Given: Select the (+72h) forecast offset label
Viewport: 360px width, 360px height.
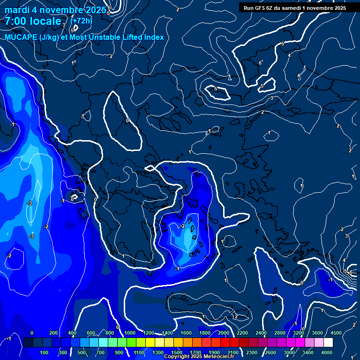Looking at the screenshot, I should coord(81,21).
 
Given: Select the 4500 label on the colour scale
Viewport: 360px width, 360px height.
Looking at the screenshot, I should coord(336,333).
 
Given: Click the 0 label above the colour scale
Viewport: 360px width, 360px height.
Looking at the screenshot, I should coord(32,333).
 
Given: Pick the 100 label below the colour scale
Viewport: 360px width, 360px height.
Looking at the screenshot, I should coord(45,352).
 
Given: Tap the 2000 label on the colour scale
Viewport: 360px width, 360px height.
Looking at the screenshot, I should coord(224,333).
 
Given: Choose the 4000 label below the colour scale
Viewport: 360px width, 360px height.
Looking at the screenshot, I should coord(327,352).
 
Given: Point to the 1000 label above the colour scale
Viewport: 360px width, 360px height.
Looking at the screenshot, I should coord(130,333).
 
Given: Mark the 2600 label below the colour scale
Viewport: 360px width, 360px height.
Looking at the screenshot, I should coord(270,352).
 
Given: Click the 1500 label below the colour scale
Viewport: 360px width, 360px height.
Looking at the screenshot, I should coord(177,352).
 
